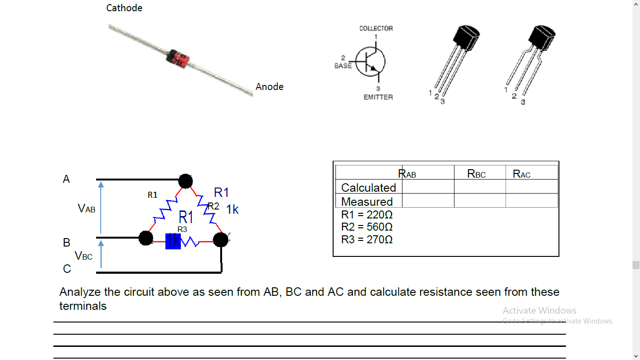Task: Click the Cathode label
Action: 124,8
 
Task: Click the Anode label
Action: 269,87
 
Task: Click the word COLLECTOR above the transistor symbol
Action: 376,29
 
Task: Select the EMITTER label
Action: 378,97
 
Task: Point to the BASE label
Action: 343,66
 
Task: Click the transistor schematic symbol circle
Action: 371,61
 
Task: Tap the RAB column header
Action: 407,174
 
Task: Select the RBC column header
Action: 476,174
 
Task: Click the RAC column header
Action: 521,174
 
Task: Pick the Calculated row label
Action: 368,187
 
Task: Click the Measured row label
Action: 367,202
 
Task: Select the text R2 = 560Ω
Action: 367,227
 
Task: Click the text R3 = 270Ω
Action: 367,240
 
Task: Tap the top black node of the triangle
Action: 186,181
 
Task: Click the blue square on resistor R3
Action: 173,241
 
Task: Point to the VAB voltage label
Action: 87,209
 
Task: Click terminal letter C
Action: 67,269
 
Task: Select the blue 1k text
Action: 232,210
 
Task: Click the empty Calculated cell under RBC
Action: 480,187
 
